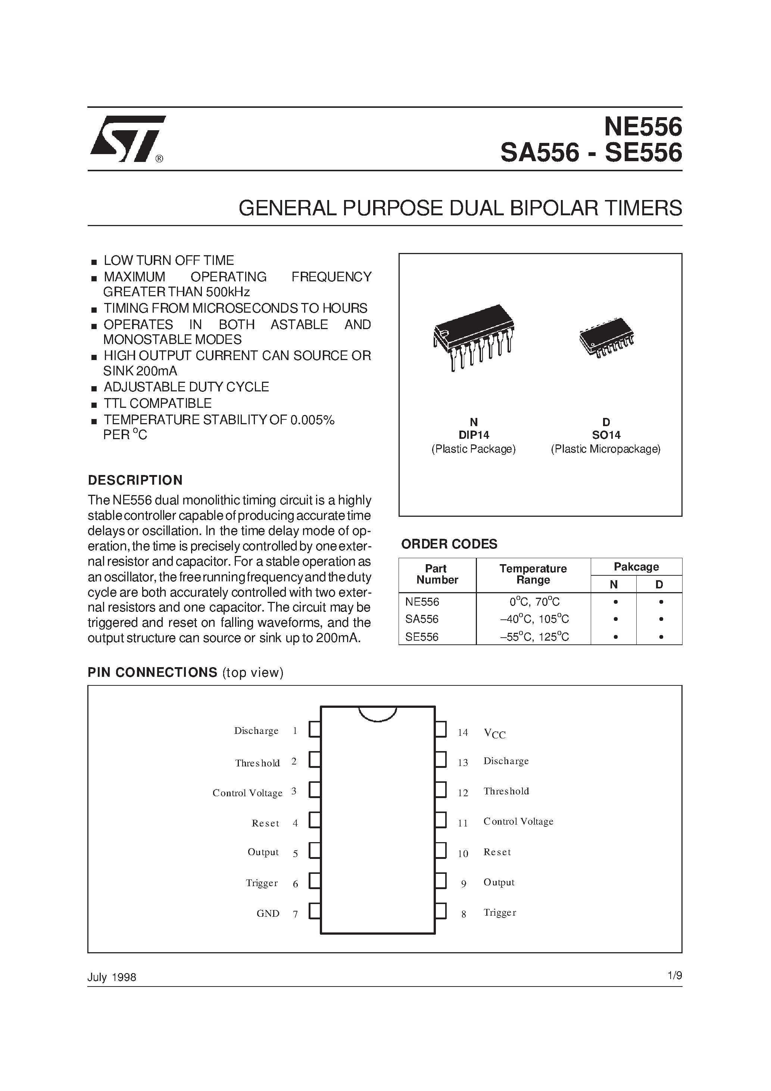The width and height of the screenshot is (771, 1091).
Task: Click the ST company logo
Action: coord(127,138)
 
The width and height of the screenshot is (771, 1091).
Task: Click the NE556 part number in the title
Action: coord(643,127)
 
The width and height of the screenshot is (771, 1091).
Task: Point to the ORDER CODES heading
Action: coord(449,544)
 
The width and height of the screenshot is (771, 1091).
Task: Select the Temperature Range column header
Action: coord(533,575)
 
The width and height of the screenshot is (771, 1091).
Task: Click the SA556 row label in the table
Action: coord(422,619)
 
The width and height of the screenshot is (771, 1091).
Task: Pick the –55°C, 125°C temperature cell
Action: coord(534,637)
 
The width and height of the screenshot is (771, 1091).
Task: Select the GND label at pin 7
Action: coord(268,913)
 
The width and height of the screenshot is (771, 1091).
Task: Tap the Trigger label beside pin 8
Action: coord(500,912)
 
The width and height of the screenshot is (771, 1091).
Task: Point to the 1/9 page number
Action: coord(674,976)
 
